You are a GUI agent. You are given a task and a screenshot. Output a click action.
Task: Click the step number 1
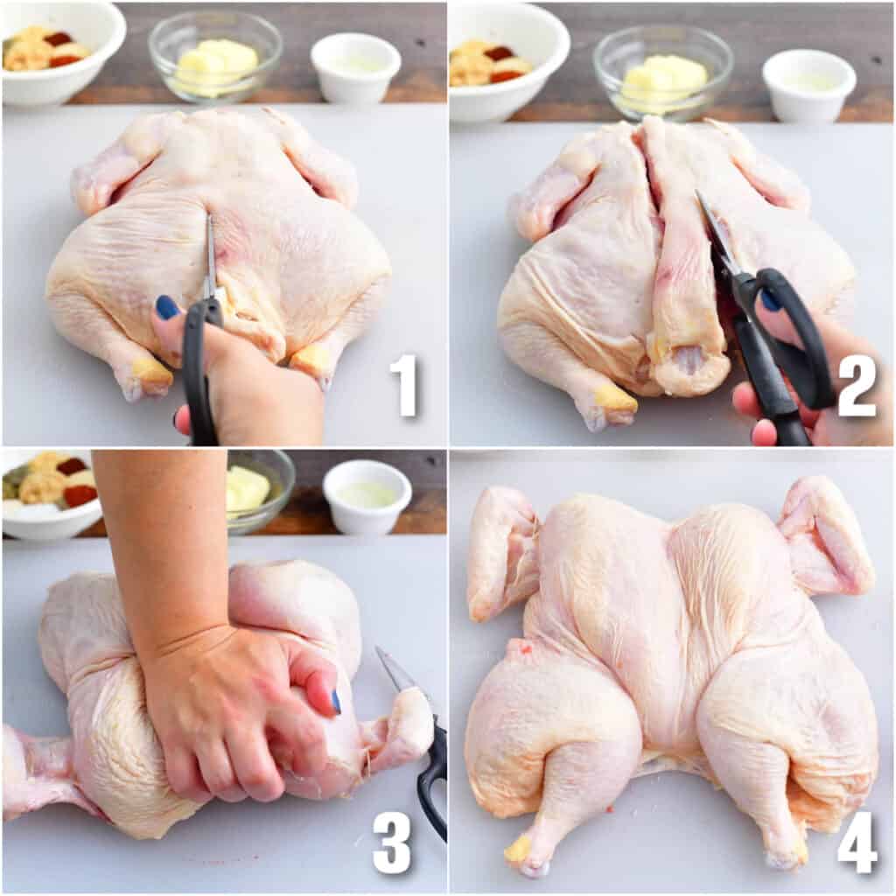pos(404,385)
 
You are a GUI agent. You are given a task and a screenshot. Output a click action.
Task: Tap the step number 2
pos(857,385)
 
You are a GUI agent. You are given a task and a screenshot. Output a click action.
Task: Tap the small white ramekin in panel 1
pos(355,66)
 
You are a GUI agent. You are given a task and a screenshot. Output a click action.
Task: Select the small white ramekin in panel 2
pos(809,85)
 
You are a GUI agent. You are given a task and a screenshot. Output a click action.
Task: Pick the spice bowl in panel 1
pos(62,52)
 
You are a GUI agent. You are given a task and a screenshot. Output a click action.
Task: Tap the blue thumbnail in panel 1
pos(167,307)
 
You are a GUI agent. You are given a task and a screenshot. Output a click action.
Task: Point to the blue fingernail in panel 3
pos(336,702)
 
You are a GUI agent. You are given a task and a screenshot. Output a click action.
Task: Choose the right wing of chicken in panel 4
pos(826,537)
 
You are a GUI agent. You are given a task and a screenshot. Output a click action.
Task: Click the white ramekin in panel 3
pos(367,496)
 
